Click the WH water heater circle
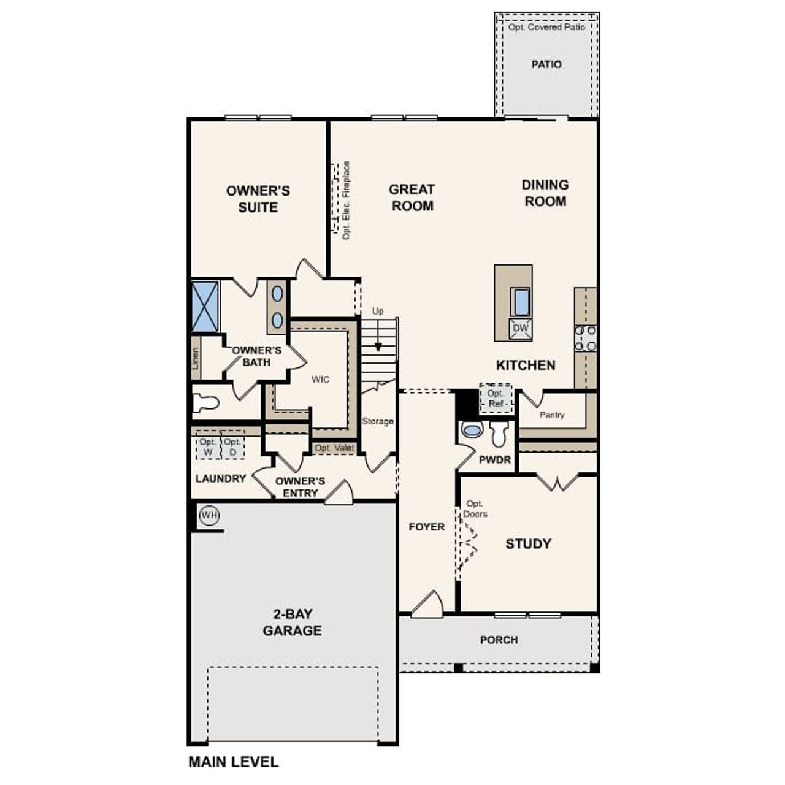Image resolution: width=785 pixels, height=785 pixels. tap(209, 515)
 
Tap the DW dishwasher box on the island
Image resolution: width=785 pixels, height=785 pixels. tap(520, 328)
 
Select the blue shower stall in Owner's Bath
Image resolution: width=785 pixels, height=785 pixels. tap(205, 307)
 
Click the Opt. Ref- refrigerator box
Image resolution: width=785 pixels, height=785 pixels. tap(496, 399)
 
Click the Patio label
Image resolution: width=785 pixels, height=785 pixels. tap(546, 64)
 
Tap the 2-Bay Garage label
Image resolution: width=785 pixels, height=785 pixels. tap(292, 622)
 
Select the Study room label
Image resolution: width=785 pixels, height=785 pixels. tap(527, 543)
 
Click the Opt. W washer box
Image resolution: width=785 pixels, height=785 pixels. tap(208, 447)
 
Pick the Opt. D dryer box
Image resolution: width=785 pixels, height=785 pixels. tap(232, 447)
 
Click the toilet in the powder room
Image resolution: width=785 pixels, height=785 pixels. tap(499, 434)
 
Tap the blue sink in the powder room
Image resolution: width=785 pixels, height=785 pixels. tap(472, 429)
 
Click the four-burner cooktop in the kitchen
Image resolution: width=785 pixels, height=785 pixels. tap(585, 339)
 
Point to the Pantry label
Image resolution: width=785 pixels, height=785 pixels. tap(551, 415)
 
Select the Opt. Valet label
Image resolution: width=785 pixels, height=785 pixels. tap(334, 448)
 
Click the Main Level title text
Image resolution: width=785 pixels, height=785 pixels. tap(233, 762)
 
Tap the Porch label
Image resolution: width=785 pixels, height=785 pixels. tap(499, 640)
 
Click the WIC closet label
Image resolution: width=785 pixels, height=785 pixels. tap(320, 380)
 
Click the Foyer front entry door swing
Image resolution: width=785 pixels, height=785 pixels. tap(428, 603)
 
